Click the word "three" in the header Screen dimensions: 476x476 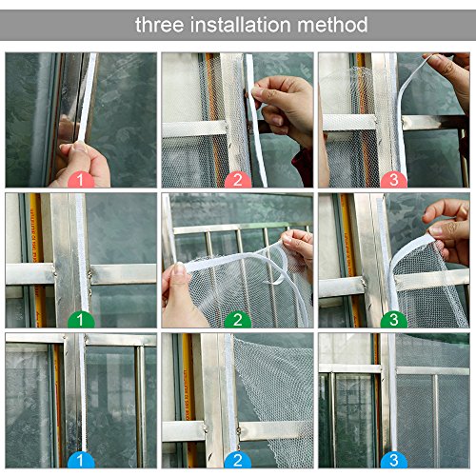(x=160, y=25)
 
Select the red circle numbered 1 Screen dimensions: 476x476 (x=81, y=180)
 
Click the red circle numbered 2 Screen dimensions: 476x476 (x=238, y=180)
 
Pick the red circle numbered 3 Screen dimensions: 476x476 (x=394, y=180)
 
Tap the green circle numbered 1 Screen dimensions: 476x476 (x=81, y=320)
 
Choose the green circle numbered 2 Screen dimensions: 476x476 (x=238, y=320)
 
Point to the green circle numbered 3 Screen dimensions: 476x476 (x=394, y=320)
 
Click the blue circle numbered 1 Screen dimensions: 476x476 (x=81, y=460)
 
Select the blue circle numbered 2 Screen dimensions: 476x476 (x=238, y=460)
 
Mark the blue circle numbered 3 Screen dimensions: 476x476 (x=394, y=460)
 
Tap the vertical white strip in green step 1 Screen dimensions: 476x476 (x=82, y=254)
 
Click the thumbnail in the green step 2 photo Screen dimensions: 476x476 (x=180, y=269)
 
